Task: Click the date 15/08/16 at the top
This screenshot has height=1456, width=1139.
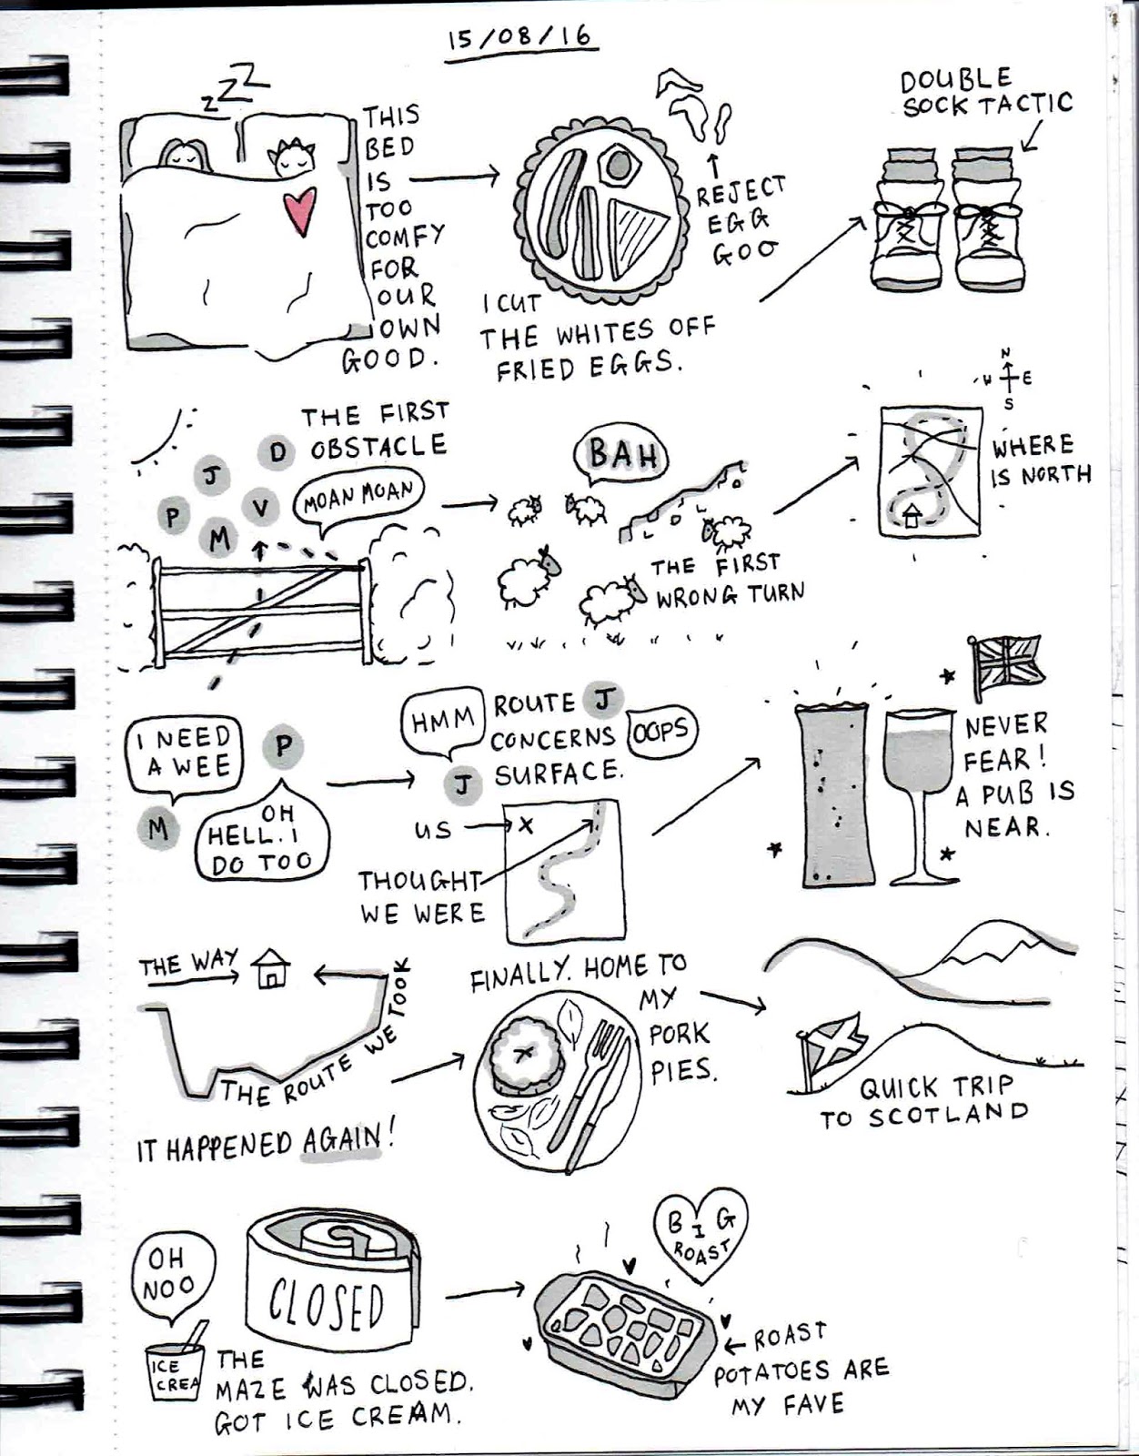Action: tap(519, 39)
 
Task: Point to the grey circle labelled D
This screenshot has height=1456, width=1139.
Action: tap(277, 451)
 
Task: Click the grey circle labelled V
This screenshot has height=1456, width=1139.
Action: tap(262, 508)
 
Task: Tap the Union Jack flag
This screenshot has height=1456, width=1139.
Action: tap(1007, 662)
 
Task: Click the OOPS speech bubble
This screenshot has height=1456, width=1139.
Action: tap(660, 730)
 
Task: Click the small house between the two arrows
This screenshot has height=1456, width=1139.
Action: tap(271, 969)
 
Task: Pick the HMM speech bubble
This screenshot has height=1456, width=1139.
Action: tap(442, 721)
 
